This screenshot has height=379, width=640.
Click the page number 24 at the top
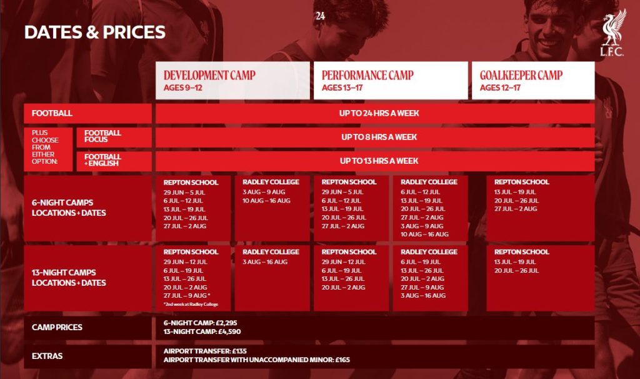point(321,16)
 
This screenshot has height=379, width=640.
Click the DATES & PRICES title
point(95,33)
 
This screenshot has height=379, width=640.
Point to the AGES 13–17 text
point(342,88)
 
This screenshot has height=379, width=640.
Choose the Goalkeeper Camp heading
point(521,75)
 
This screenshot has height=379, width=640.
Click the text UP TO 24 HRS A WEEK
point(379,113)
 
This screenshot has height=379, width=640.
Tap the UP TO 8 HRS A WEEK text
point(379,137)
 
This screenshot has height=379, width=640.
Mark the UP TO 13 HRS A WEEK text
point(379,161)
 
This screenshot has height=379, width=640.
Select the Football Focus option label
point(102,136)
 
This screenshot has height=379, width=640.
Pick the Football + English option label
point(102,159)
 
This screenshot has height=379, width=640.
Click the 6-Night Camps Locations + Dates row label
point(69,208)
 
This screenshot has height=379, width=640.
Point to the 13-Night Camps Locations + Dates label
point(69,277)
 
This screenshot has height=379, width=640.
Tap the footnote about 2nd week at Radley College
point(191,304)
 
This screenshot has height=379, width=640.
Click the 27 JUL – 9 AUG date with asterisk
point(187,296)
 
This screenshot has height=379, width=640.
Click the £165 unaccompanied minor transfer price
point(342,360)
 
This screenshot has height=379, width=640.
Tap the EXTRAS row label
point(47,356)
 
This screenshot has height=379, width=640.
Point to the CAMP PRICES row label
point(57,327)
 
